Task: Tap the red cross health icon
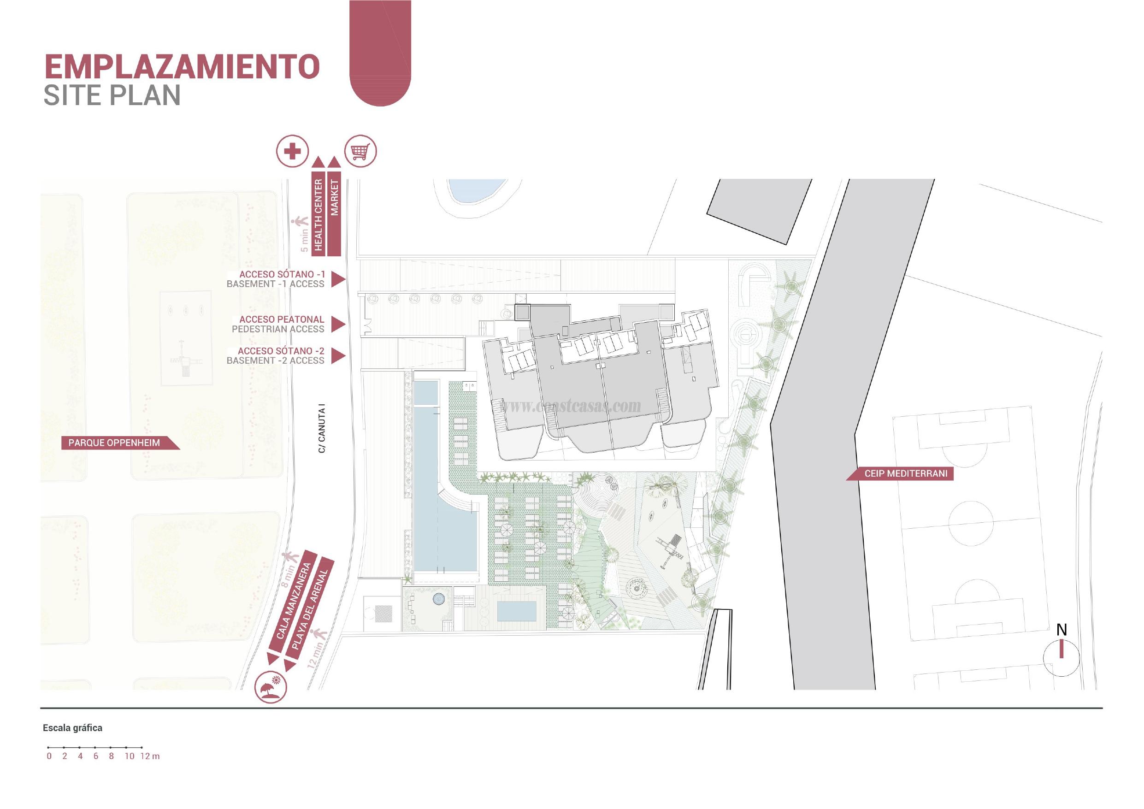(293, 151)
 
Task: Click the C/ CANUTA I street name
(322, 430)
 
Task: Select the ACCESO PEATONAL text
(282, 319)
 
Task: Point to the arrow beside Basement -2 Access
(338, 355)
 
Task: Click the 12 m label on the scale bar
(149, 756)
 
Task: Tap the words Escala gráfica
(73, 728)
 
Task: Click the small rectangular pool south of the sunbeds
(517, 611)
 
